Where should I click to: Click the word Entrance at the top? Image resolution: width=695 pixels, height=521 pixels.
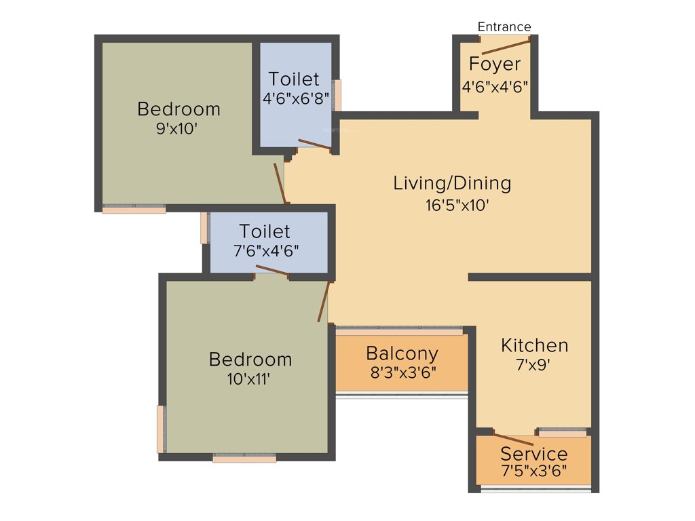click(504, 27)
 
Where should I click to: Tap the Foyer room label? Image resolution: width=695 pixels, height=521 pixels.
click(495, 64)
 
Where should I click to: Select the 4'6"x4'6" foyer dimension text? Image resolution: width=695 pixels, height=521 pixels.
click(495, 87)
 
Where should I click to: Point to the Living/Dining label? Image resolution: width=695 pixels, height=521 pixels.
click(452, 183)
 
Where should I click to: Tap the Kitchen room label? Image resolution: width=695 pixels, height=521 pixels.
click(535, 345)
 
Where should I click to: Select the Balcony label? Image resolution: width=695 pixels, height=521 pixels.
click(402, 353)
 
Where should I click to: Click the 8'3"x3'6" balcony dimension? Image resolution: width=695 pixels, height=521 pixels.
click(402, 372)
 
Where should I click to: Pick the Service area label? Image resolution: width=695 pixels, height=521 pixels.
click(534, 453)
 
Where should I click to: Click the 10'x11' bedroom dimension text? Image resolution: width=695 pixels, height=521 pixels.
click(250, 379)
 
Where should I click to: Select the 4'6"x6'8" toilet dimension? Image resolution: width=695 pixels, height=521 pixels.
click(296, 98)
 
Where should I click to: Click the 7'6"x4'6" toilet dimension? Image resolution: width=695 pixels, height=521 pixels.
click(265, 250)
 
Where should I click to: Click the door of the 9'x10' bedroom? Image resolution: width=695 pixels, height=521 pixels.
click(280, 182)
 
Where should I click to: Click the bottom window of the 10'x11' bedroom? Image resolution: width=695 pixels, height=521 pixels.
click(244, 459)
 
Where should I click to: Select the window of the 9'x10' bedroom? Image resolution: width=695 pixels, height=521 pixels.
click(134, 210)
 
